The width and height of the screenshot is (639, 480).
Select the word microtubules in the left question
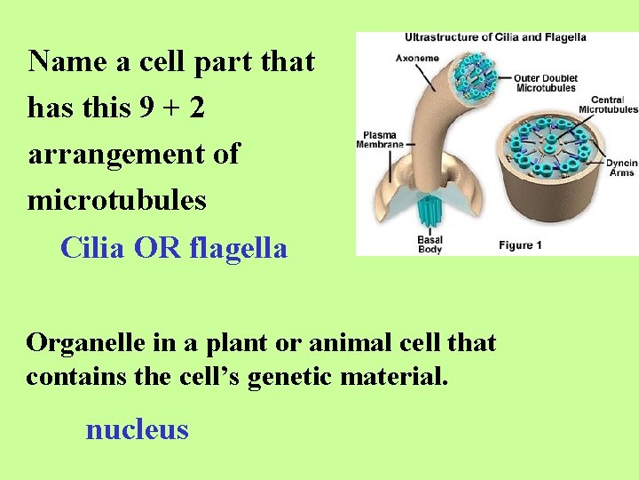point(117,200)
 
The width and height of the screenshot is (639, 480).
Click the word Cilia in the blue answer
point(93,248)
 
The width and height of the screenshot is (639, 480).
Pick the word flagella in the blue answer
point(239,248)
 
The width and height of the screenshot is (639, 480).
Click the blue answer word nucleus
point(137,429)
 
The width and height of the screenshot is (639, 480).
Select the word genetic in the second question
point(294,376)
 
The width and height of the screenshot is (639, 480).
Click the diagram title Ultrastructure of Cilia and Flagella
point(495,38)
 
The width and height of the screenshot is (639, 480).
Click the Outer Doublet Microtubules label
point(546,83)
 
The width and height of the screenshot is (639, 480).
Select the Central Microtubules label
point(608,105)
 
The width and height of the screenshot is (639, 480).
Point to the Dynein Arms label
point(621,168)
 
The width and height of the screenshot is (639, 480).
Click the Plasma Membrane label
point(379,139)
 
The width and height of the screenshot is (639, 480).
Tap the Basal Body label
point(430,244)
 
